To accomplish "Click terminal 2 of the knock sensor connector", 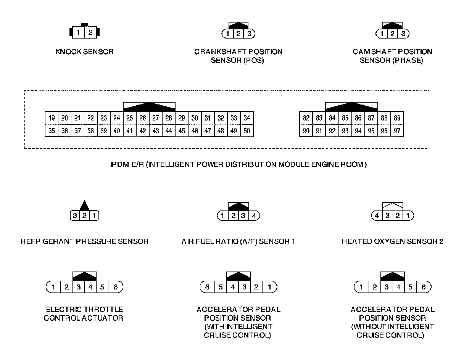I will point(90,32).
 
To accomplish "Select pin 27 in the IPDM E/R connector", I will point(156,118).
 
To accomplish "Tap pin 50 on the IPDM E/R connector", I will point(247,131).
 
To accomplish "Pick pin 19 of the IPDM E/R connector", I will point(52,118).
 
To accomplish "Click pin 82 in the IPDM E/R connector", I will point(306,118).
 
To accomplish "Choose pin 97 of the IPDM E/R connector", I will point(397,131).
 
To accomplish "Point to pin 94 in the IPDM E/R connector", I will point(358,131).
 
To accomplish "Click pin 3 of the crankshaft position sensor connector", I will point(249,34).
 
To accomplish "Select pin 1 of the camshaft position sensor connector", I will point(382,34).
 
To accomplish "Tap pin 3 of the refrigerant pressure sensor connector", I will point(75,216).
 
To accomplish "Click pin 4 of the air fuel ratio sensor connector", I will point(254,216).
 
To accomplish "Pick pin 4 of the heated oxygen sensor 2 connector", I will point(377,216).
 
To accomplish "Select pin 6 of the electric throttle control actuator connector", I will point(116,287).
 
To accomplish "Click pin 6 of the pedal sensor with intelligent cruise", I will point(208,287).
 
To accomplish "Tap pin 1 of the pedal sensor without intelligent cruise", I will point(361,287).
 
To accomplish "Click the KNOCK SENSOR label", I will point(84,51).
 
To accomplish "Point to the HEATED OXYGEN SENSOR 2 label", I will point(392,241).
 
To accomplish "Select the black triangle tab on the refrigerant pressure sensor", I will point(84,206).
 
